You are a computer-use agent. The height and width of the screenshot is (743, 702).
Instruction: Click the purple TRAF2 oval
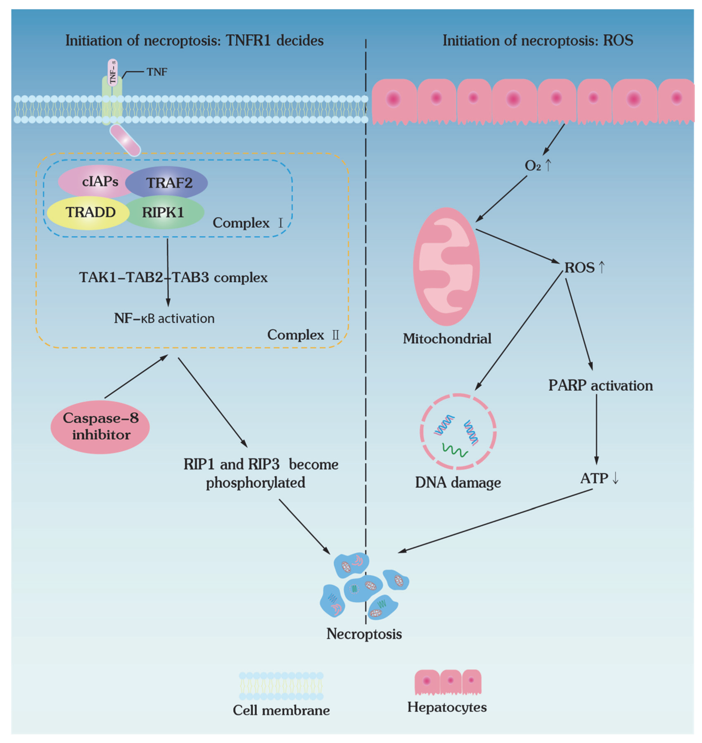click(x=166, y=183)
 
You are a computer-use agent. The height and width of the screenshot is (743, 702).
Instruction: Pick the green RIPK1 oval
click(x=165, y=212)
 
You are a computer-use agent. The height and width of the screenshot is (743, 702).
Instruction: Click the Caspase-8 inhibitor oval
click(x=100, y=427)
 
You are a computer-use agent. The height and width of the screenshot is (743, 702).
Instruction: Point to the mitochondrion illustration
click(x=446, y=267)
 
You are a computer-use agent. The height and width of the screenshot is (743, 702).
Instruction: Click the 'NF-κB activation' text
click(x=164, y=319)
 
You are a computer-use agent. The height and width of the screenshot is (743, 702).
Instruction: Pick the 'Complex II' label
click(x=303, y=335)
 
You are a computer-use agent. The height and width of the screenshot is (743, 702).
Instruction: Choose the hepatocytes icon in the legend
click(x=448, y=682)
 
